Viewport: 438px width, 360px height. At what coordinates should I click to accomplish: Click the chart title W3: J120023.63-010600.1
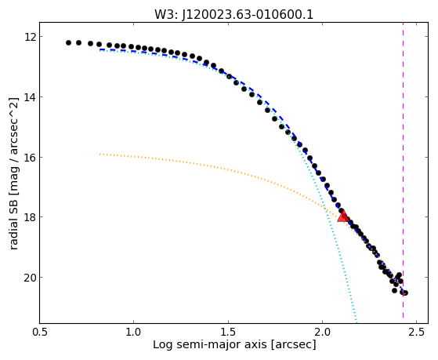click(233, 14)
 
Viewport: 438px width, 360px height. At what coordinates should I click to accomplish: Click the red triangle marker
click(343, 216)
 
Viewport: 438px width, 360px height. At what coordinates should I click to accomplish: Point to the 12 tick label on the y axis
click(30, 37)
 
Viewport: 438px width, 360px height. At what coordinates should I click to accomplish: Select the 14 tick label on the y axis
click(30, 97)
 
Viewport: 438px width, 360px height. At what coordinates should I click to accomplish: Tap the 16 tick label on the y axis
click(30, 157)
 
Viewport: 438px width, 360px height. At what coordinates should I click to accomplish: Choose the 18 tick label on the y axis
click(30, 217)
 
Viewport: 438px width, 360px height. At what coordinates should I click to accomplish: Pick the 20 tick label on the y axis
click(30, 278)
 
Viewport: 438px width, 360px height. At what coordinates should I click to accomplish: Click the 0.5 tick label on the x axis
click(39, 332)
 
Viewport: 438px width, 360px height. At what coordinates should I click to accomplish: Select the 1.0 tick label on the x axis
click(133, 332)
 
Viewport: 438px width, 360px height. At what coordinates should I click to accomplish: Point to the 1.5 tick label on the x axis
click(228, 332)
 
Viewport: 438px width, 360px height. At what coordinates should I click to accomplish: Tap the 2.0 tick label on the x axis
click(322, 332)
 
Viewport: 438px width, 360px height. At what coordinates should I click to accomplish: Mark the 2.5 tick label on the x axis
click(417, 332)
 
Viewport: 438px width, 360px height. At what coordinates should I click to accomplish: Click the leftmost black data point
click(68, 43)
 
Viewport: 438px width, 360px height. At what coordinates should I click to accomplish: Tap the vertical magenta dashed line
click(403, 173)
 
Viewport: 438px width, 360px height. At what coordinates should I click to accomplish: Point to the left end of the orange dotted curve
click(100, 154)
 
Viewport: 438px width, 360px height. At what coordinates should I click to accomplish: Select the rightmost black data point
click(405, 293)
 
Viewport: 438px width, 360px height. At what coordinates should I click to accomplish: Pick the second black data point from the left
click(79, 43)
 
